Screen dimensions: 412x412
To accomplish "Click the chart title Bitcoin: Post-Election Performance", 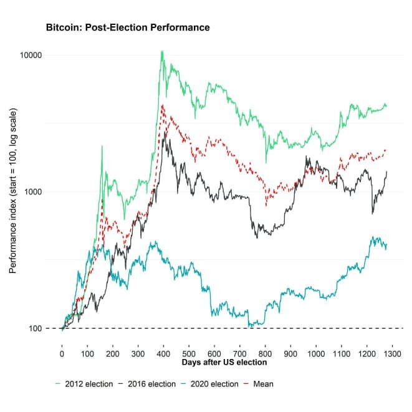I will coord(123,28).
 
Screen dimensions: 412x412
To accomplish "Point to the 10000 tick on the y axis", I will coord(30,55).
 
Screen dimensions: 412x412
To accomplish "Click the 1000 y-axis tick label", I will coord(32,191).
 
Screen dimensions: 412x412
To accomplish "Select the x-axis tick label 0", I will coord(62,353).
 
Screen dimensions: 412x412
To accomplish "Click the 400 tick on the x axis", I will coord(163,353).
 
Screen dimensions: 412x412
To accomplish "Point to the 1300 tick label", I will coord(392,353).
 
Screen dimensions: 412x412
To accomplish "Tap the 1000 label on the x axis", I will coord(316,353).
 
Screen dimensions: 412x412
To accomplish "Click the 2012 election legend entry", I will coord(84,384).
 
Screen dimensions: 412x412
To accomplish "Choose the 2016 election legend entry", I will coord(152,384).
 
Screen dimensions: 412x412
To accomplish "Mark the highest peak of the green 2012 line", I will coord(162,51).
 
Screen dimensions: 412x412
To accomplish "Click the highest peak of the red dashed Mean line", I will coord(163,105).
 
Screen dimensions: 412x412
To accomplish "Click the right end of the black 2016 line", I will coord(387,171).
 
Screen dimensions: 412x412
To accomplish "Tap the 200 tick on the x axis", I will coord(112,353).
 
